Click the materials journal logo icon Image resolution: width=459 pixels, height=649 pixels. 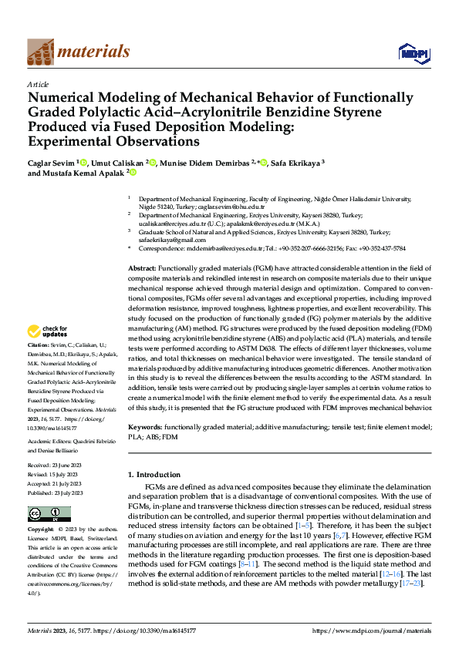[x=40, y=51]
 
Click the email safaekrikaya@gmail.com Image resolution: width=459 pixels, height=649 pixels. [x=171, y=240]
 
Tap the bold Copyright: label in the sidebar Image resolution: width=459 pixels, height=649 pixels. [x=41, y=530]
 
